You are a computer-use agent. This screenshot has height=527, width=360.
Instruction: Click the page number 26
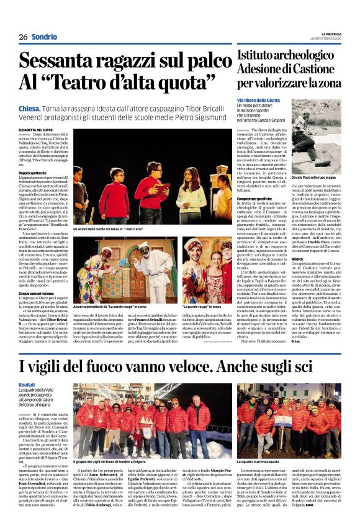coord(23,37)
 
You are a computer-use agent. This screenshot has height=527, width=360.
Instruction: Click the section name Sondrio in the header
coord(45,37)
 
